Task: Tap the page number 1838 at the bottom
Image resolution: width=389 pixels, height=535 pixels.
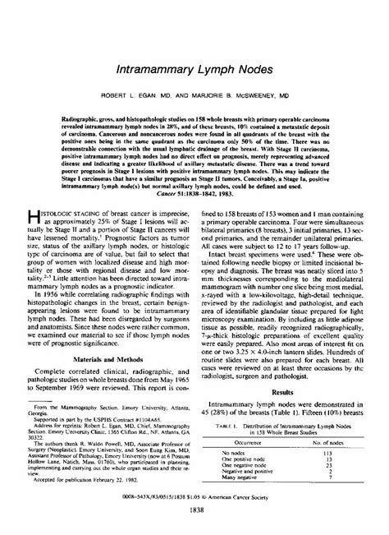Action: point(194,522)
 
